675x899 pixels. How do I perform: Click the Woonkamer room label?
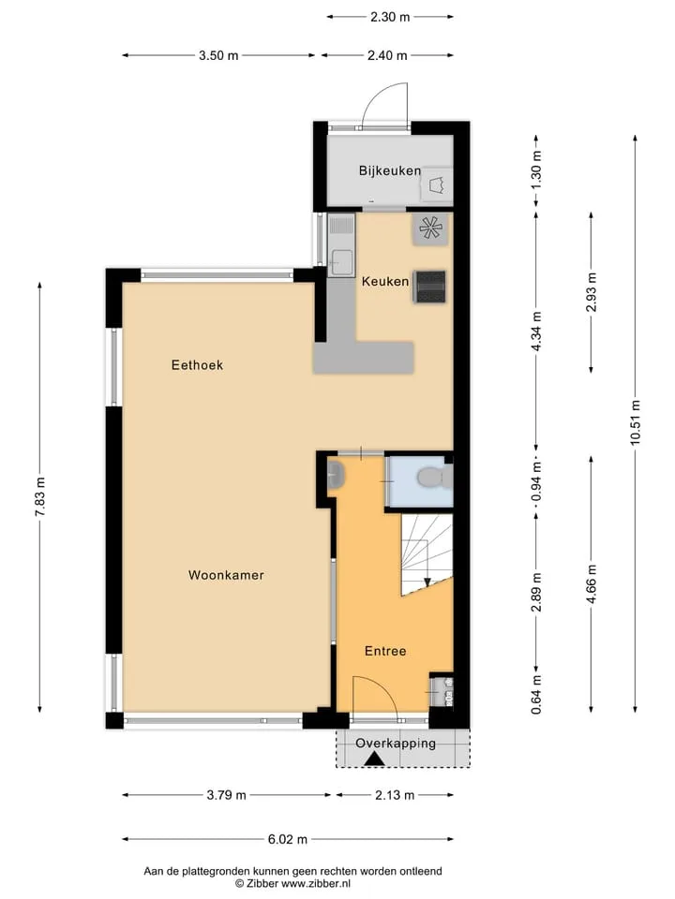pyautogui.click(x=226, y=575)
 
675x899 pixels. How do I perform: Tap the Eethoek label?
pyautogui.click(x=197, y=365)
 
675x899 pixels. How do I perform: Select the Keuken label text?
pyautogui.click(x=385, y=282)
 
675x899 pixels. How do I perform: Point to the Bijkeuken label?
pyautogui.click(x=390, y=170)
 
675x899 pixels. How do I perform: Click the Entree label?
pyautogui.click(x=385, y=652)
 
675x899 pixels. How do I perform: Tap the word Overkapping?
pyautogui.click(x=396, y=744)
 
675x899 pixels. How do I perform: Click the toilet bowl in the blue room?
pyautogui.click(x=430, y=478)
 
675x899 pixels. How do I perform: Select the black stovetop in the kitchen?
pyautogui.click(x=430, y=287)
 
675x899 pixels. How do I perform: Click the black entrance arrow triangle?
pyautogui.click(x=375, y=759)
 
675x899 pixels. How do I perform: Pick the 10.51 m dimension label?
pyautogui.click(x=635, y=422)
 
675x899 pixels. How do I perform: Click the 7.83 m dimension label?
pyautogui.click(x=39, y=497)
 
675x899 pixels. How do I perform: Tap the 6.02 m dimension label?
pyautogui.click(x=288, y=839)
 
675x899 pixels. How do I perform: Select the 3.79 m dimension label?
pyautogui.click(x=226, y=795)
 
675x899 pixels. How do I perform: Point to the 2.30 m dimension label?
pyautogui.click(x=390, y=17)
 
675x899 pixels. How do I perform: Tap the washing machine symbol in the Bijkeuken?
pyautogui.click(x=438, y=184)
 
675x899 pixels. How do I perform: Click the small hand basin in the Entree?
pyautogui.click(x=336, y=475)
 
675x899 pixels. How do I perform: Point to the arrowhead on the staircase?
pyautogui.click(x=427, y=582)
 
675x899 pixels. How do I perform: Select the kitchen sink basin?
pyautogui.click(x=343, y=261)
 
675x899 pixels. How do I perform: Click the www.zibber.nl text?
pyautogui.click(x=316, y=883)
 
